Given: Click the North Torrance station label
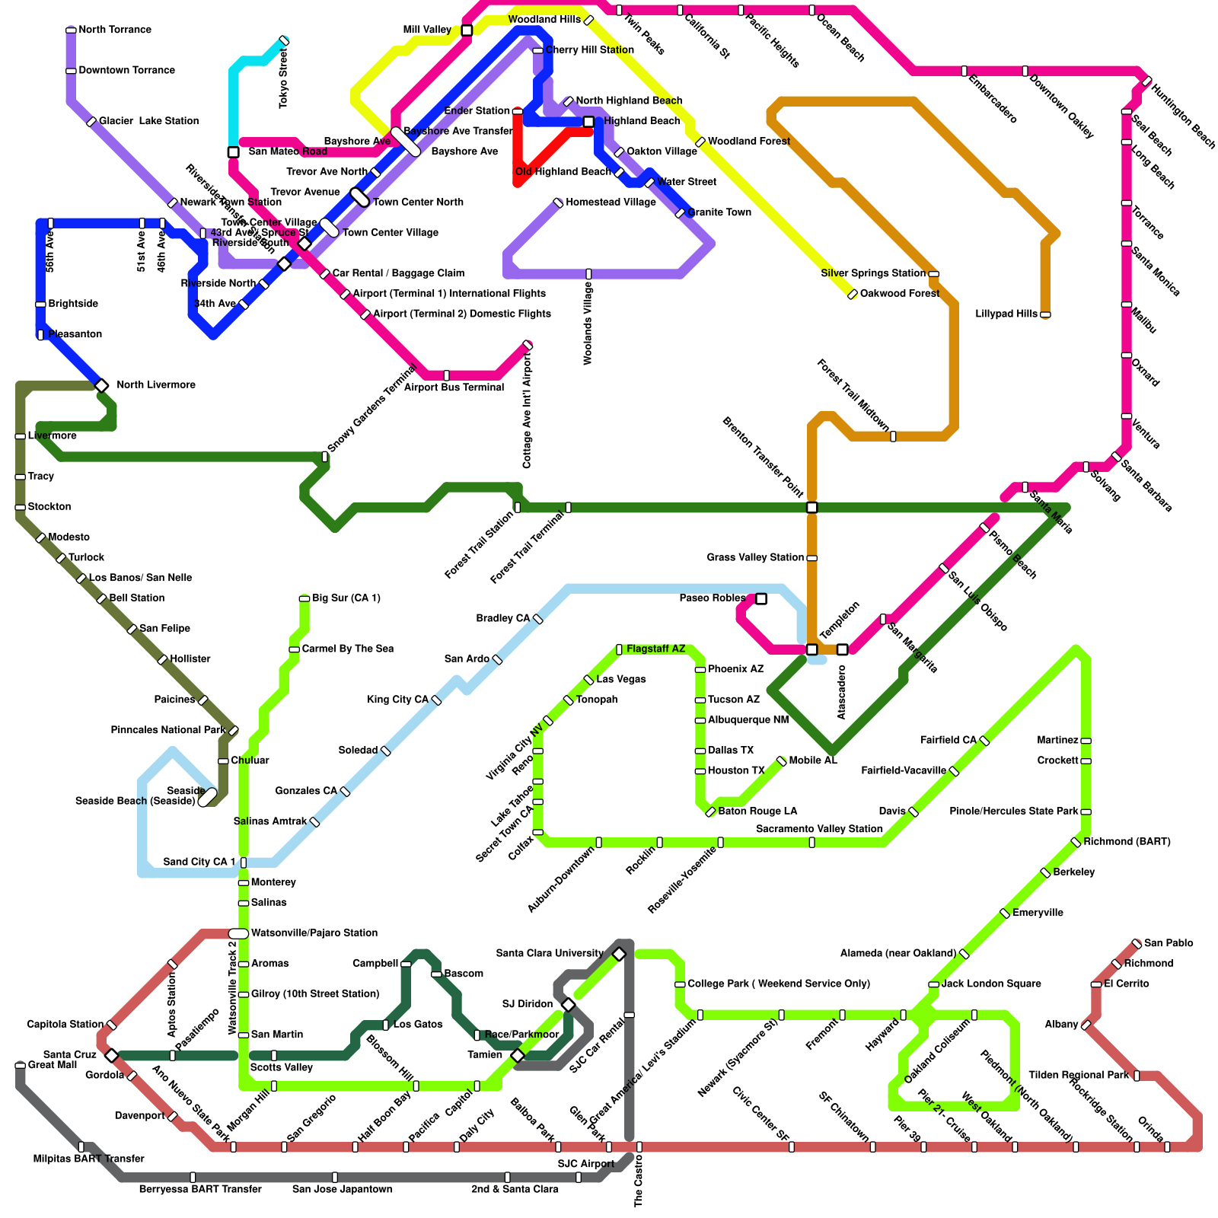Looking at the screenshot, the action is (x=115, y=30).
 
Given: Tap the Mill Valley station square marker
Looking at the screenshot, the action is (x=467, y=30).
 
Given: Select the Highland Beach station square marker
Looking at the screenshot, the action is (x=588, y=122).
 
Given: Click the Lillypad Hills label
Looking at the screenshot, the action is (x=1006, y=314).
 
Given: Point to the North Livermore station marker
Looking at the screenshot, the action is (x=101, y=386).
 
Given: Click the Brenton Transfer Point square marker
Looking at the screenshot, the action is (x=812, y=507).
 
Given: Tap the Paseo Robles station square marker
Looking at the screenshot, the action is (x=761, y=599).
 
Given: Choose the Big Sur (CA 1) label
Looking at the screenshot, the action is (x=346, y=598).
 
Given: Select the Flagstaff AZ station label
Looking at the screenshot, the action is (x=655, y=649).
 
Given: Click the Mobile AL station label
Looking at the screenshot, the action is (x=813, y=760).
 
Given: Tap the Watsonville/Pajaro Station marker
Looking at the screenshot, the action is (x=238, y=933).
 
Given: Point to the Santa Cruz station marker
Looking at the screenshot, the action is (x=112, y=1055).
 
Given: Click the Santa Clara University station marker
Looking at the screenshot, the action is (x=619, y=955).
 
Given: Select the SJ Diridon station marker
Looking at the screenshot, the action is (x=568, y=1005).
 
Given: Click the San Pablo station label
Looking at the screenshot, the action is (x=1169, y=943).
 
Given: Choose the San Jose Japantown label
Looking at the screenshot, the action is (x=343, y=1189).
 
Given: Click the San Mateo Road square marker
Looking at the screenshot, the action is (x=234, y=152).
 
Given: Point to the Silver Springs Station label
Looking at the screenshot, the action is (x=873, y=273).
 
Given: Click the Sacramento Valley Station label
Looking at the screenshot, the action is (x=819, y=829).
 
